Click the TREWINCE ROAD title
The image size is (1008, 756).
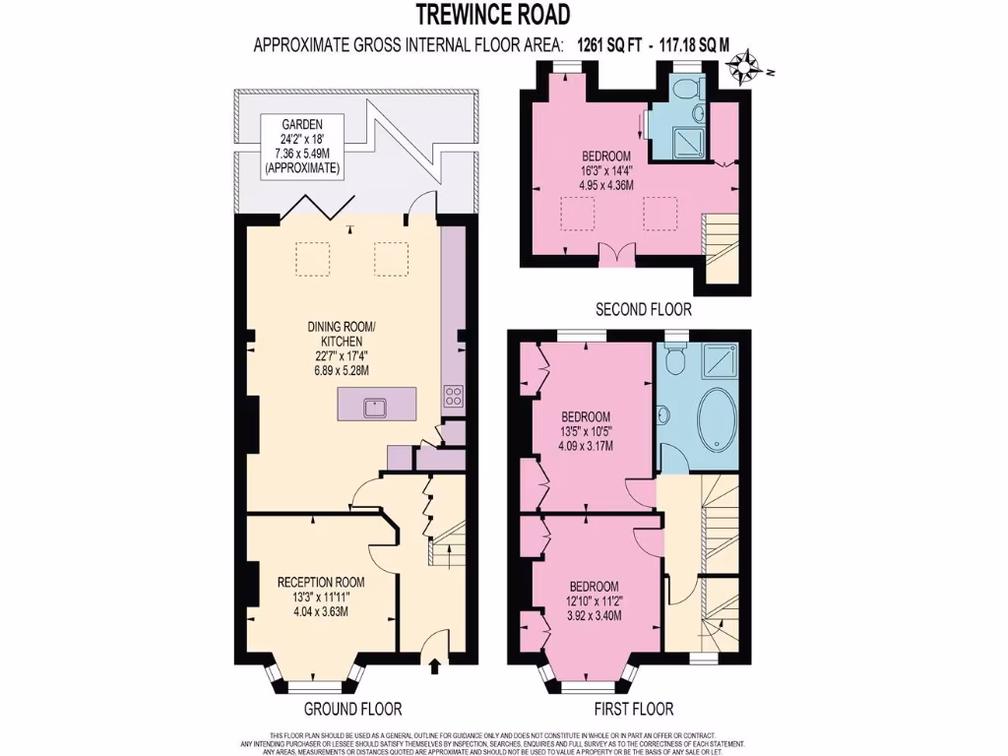click(492, 14)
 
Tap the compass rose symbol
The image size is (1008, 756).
click(748, 66)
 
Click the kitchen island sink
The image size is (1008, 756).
click(376, 405)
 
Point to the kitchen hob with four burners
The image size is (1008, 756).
click(454, 396)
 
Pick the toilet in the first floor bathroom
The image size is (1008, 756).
click(675, 361)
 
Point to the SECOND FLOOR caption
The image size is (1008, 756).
click(644, 309)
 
